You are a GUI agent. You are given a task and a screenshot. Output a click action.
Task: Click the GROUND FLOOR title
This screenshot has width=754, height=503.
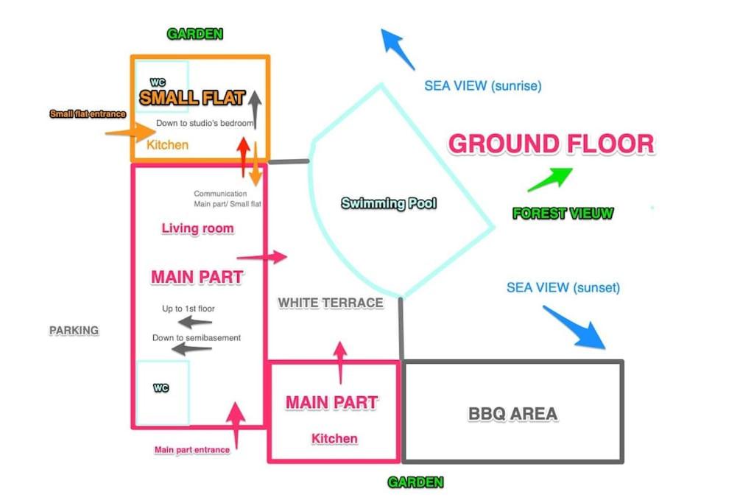[551, 144]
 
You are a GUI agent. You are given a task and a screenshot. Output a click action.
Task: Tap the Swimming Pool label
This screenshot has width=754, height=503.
[389, 203]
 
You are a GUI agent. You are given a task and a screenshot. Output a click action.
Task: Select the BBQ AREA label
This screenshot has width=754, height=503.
[512, 414]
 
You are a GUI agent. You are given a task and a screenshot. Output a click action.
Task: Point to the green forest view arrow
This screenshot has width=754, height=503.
[550, 179]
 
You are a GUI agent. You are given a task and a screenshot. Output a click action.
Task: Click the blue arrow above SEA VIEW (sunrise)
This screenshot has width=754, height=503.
[397, 49]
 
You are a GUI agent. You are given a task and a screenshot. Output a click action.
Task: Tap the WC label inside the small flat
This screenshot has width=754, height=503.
[158, 82]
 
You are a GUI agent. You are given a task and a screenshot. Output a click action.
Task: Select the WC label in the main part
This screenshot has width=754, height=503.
[161, 387]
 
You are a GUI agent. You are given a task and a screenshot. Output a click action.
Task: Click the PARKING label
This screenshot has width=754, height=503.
[74, 331]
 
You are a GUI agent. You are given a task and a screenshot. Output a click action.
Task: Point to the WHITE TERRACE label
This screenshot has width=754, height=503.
[331, 303]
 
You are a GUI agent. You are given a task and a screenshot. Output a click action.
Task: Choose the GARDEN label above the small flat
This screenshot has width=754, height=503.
[194, 34]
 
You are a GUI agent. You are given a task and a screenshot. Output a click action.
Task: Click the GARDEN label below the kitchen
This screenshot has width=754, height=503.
[415, 482]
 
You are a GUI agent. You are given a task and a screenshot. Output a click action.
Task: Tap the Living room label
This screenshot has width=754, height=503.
[197, 228]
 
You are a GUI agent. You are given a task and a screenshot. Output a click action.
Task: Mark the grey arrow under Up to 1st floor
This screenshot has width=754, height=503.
[194, 322]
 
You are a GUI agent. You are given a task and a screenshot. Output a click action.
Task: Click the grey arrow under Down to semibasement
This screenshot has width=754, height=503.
[191, 348]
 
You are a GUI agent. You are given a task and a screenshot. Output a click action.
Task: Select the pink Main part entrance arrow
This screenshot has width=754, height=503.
[236, 425]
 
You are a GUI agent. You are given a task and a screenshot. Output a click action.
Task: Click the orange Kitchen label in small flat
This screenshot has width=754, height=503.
[167, 145]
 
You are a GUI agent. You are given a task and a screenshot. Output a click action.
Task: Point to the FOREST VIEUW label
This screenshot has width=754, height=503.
[563, 213]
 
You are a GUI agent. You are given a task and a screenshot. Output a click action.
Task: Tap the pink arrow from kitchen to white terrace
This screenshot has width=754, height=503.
[340, 362]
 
